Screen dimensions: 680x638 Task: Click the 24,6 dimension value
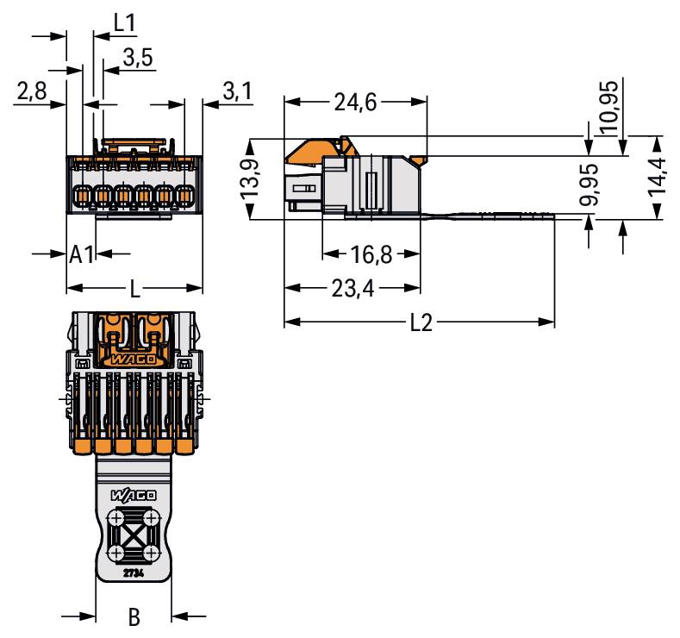[x=355, y=103]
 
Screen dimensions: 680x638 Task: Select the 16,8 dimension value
[x=371, y=254]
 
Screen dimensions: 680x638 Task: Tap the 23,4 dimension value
[x=352, y=289]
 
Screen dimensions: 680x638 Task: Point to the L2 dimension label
[x=421, y=322]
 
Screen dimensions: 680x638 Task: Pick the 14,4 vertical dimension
[x=657, y=177]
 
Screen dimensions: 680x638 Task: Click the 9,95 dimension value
[x=589, y=185]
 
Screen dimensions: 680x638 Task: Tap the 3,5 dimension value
[x=138, y=57]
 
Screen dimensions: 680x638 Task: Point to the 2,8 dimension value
[x=32, y=91]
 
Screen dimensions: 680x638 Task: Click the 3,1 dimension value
[x=237, y=91]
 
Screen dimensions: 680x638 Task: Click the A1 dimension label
[x=81, y=254]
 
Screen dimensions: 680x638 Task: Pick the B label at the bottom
[x=134, y=616]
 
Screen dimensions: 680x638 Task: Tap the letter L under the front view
[x=135, y=289]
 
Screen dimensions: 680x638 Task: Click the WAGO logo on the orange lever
[x=133, y=359]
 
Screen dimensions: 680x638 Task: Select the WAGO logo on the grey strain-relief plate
[x=134, y=495]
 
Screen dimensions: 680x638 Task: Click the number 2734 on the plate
[x=134, y=573]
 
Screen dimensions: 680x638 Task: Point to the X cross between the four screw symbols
[x=134, y=535]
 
